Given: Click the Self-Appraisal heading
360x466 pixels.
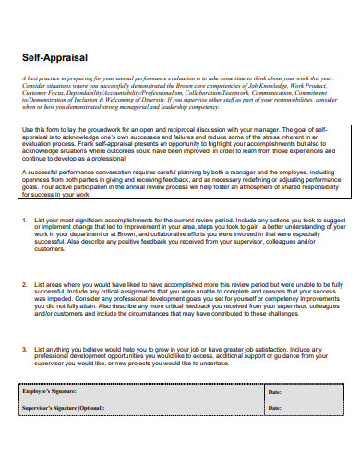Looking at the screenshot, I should click(55, 57).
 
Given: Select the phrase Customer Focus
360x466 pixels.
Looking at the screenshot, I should click(45, 92).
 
